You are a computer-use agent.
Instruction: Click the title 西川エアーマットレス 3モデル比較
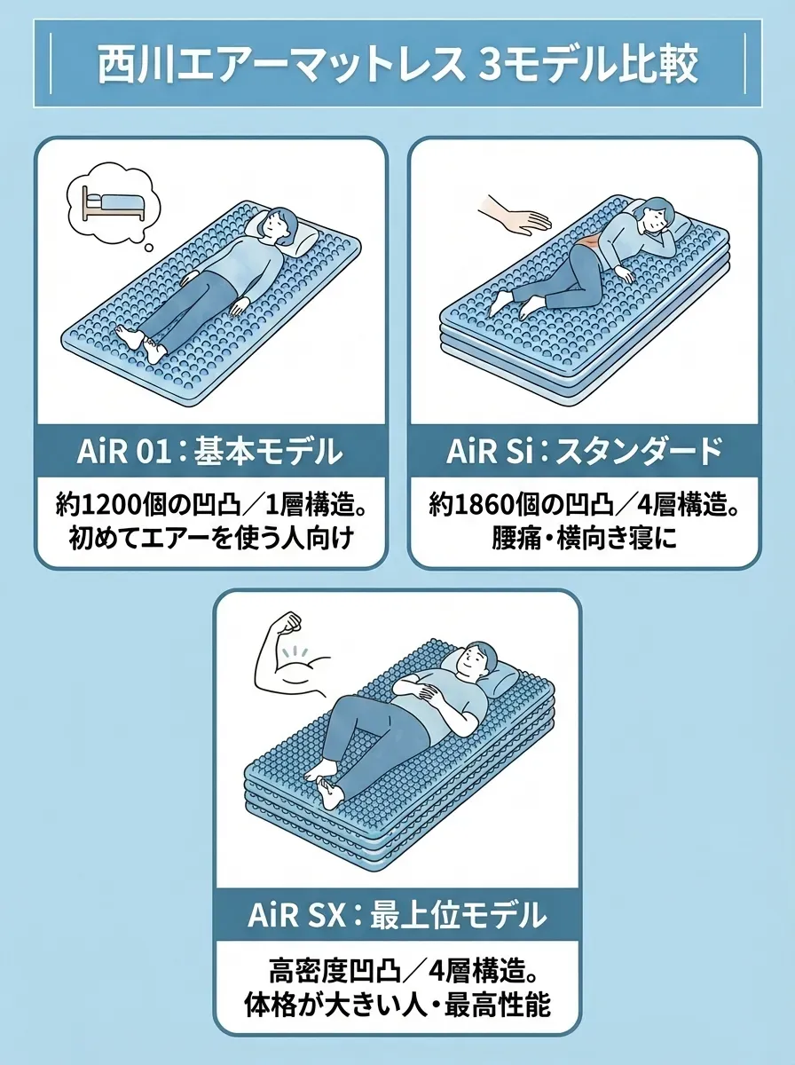[x=397, y=63]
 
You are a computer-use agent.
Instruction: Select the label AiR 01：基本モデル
[x=209, y=452]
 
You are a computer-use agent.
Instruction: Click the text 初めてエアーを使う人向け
[x=211, y=537]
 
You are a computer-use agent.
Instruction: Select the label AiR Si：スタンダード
[x=584, y=452]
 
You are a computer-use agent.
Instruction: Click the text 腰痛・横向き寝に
[x=583, y=537]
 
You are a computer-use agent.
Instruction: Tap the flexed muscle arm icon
[x=290, y=656]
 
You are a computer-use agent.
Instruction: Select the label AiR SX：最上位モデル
[x=397, y=913]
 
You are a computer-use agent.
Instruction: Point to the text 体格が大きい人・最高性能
[x=397, y=1005]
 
